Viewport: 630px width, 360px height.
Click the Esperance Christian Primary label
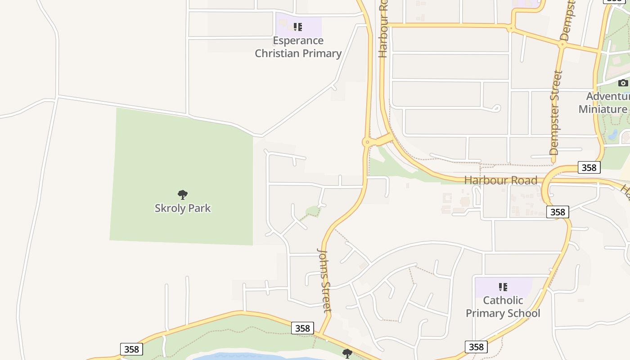coord(298,47)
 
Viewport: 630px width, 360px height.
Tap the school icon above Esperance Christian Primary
coord(297,27)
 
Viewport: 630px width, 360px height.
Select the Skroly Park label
coord(183,208)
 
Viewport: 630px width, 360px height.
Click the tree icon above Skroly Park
coord(182,195)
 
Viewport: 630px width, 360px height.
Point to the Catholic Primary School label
coord(503,306)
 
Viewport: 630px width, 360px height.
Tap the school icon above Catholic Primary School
coord(503,287)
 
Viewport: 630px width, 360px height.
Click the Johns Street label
coord(324,280)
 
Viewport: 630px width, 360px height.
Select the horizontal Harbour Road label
coord(500,180)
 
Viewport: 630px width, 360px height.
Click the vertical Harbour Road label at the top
coord(383,29)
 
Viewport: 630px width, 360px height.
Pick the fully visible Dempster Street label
coord(556,112)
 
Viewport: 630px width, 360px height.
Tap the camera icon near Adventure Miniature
coord(623,83)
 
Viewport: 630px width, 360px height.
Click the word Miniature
coord(603,109)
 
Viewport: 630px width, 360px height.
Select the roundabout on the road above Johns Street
coord(368,142)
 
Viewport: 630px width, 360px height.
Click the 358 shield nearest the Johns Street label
coord(302,328)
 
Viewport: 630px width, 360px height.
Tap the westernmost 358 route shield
coord(131,349)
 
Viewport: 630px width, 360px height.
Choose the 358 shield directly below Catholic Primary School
coord(476,346)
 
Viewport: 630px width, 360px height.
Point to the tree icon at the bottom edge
coord(347,353)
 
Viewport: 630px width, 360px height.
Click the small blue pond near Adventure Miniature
coord(612,134)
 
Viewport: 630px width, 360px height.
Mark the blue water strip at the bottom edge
coord(252,357)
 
